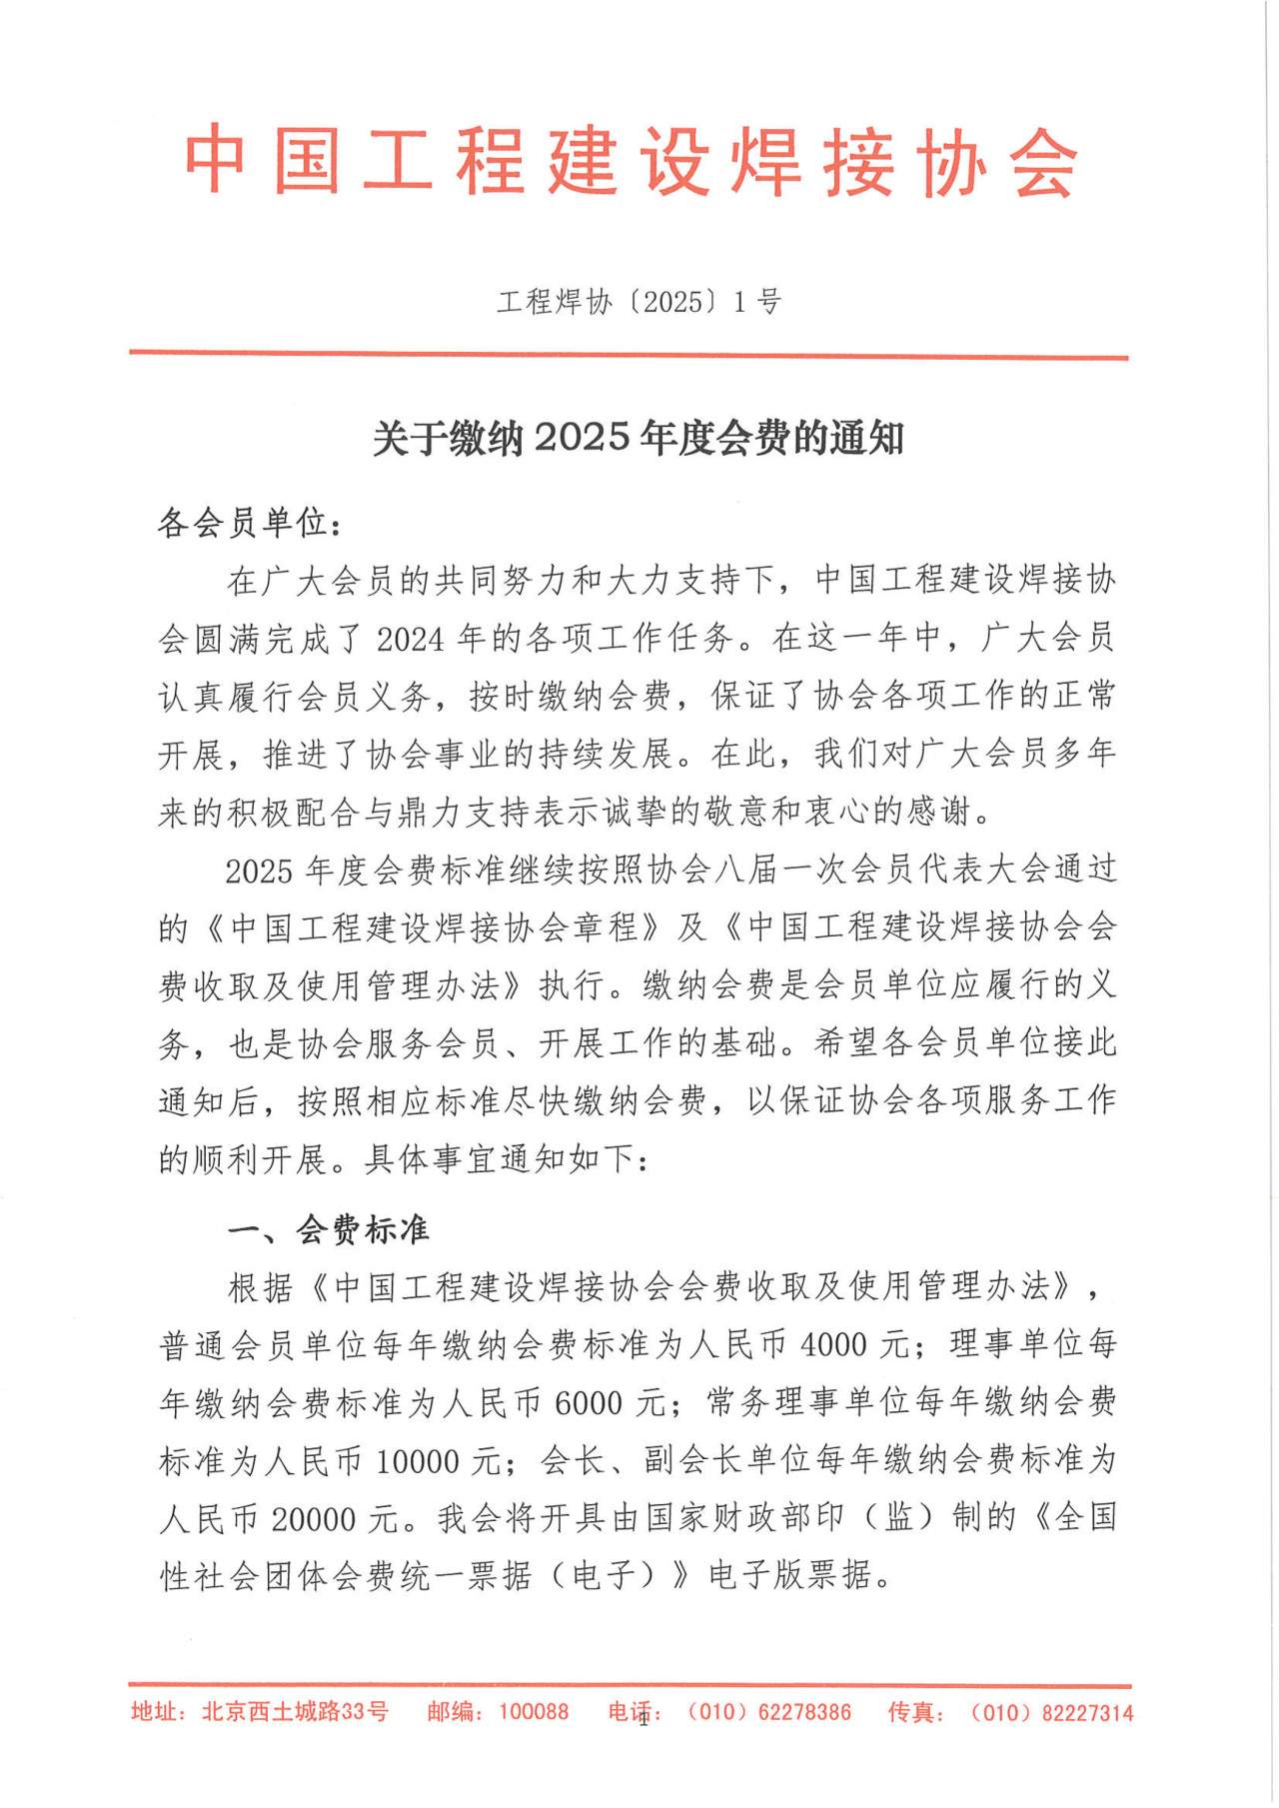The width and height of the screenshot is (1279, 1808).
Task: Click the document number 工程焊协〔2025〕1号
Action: (x=639, y=302)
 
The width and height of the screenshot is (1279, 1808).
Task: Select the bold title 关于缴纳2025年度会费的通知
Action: (x=639, y=439)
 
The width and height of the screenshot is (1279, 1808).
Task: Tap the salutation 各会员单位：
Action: (x=250, y=522)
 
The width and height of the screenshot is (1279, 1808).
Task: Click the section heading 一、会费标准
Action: (x=329, y=1229)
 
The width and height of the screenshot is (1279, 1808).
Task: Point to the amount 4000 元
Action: (x=854, y=1345)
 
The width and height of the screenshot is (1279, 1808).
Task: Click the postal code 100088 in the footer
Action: (x=534, y=1712)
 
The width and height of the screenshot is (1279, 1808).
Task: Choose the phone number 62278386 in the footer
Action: (x=804, y=1712)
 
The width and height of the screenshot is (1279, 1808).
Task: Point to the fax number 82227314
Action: (x=1087, y=1713)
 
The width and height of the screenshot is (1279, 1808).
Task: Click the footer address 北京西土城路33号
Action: (x=295, y=1712)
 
